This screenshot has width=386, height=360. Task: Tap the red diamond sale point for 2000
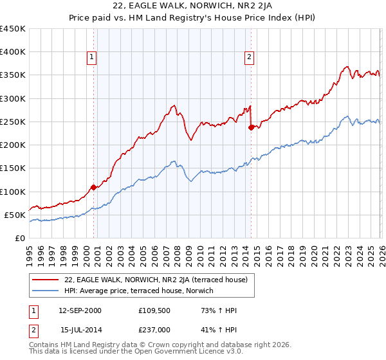point(93,187)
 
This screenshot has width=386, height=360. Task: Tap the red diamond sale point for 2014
point(251,127)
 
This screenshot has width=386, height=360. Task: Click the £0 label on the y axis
point(19,238)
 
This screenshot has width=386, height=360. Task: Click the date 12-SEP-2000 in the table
point(80,310)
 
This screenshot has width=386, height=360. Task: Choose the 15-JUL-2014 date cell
point(81,330)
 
